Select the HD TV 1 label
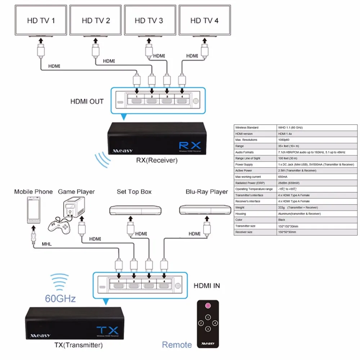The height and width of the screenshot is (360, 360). tap(41, 21)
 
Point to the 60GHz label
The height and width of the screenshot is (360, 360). tap(60, 298)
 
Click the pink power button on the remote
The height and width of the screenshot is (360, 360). tap(208, 306)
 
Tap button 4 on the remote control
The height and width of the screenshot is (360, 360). tap(215, 323)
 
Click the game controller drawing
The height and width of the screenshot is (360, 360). tap(59, 226)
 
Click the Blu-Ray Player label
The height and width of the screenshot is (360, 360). tap(207, 192)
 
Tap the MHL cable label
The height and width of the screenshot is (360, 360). tap(46, 244)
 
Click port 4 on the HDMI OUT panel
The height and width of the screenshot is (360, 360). tap(181, 101)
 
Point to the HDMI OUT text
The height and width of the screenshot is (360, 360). tap(87, 102)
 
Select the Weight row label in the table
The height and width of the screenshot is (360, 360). tap(240, 207)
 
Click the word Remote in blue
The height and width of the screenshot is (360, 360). tap(177, 345)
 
